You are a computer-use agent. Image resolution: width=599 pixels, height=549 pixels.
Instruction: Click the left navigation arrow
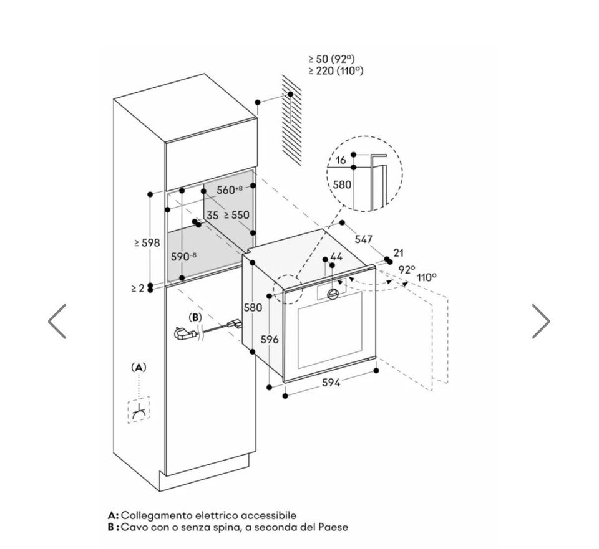[57, 321]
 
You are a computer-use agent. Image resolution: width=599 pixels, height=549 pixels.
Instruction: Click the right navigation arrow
[541, 321]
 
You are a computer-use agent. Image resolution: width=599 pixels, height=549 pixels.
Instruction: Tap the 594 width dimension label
[331, 382]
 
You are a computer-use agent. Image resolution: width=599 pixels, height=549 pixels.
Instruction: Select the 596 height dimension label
[270, 339]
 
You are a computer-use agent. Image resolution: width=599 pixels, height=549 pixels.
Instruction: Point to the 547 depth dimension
[364, 239]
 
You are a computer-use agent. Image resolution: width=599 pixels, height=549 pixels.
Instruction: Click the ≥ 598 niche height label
[147, 242]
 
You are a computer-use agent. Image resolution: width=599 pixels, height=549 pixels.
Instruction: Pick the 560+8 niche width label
[229, 189]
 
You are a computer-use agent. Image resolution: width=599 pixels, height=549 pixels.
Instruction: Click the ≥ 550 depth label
[236, 215]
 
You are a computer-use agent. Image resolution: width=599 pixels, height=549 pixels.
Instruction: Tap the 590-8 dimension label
[183, 256]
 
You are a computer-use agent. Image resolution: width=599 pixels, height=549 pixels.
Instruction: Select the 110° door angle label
[427, 277]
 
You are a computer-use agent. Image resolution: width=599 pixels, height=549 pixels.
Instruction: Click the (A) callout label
[139, 368]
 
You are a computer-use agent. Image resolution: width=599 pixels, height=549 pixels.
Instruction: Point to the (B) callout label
[195, 317]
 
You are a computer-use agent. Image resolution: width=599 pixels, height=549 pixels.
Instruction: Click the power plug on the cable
[185, 333]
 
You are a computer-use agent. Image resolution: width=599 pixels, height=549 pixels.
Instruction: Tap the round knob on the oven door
[333, 294]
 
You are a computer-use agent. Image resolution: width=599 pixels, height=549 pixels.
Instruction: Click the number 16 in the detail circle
[341, 160]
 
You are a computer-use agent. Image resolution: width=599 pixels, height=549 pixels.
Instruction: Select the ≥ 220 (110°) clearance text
[336, 70]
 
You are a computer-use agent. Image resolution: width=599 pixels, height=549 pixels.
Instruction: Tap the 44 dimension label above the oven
[336, 256]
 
